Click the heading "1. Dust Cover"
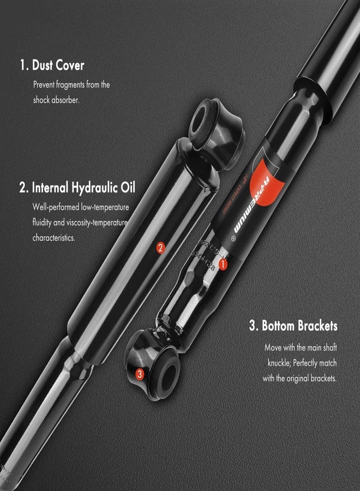click(52, 66)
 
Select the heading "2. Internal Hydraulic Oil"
click(77, 188)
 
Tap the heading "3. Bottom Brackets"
click(293, 326)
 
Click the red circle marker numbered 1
click(223, 264)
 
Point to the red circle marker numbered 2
click(160, 248)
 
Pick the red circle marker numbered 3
click(140, 374)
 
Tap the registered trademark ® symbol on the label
click(233, 238)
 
